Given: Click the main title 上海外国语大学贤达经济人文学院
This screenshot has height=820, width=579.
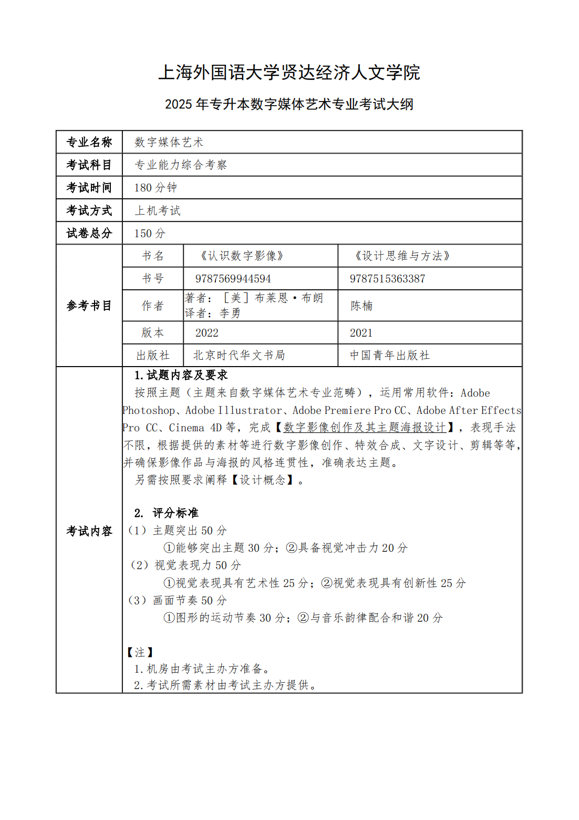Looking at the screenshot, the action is tap(289, 73).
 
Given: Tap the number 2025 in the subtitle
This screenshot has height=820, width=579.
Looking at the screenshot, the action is tap(178, 104).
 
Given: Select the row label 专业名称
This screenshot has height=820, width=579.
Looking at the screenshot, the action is tap(89, 142).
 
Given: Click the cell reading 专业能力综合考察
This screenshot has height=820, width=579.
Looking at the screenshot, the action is tap(181, 165).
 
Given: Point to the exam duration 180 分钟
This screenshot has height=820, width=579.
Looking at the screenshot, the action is tap(156, 188).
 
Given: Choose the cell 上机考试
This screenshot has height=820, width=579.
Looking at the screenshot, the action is tap(158, 210).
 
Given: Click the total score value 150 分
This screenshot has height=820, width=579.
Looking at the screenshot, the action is tap(150, 233).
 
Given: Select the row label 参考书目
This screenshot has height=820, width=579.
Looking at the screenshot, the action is tap(89, 306).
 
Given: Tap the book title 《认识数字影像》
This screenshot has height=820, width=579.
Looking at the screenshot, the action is tap(242, 256).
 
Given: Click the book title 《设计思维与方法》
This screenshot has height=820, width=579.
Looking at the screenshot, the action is tap(402, 256).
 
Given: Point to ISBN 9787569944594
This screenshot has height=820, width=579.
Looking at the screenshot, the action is tap(233, 279).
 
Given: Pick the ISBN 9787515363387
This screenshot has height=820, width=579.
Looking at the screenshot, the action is tap(388, 279).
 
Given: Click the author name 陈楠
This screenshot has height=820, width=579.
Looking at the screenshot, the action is tap(361, 306).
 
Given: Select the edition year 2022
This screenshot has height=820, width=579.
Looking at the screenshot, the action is tap(207, 333).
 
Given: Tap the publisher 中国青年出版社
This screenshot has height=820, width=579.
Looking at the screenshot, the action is tap(390, 356).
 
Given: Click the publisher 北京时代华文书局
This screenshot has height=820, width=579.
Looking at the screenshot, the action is tap(239, 356).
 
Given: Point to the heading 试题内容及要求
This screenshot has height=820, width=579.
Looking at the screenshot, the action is tap(187, 375).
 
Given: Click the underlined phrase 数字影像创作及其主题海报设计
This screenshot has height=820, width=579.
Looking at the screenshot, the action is tap(365, 428).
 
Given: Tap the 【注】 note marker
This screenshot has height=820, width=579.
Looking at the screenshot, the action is tap(140, 652).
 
